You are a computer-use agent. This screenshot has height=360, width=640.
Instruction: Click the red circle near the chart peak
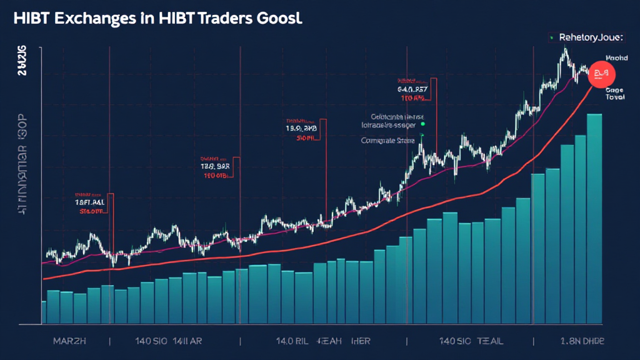click(602, 73)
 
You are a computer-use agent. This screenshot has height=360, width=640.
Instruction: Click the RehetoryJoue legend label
click(591, 38)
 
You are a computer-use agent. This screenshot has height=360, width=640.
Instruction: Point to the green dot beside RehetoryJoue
click(552, 38)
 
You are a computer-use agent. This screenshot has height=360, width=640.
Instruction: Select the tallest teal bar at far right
click(593, 219)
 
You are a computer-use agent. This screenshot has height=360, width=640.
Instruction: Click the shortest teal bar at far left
click(44, 312)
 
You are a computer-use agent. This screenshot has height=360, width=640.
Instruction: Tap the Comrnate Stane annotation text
click(388, 141)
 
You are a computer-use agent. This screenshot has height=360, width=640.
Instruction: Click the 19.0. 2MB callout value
click(302, 129)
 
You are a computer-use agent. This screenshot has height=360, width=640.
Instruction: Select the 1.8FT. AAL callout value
click(89, 202)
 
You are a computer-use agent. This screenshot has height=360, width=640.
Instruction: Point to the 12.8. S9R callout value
click(216, 167)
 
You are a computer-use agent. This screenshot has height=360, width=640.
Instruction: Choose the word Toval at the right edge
click(614, 98)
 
